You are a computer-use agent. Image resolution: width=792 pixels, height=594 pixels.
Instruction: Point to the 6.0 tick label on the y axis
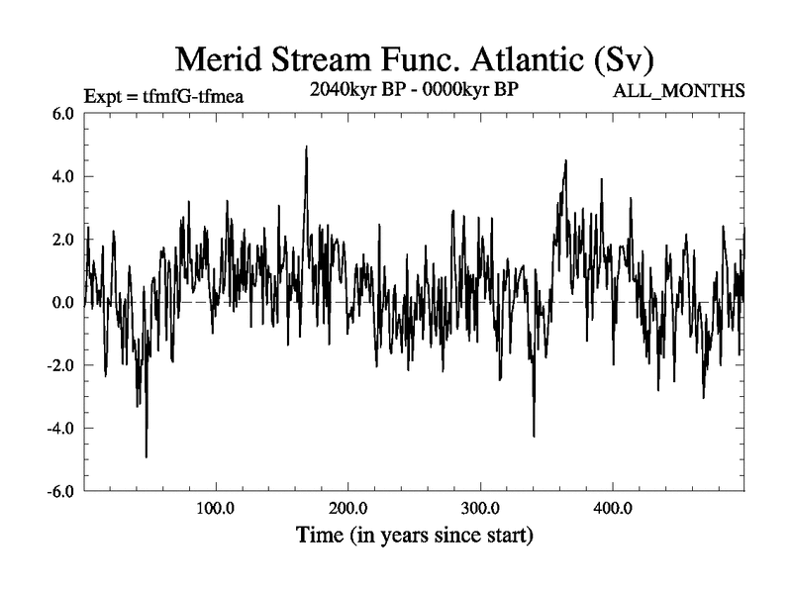point(62,114)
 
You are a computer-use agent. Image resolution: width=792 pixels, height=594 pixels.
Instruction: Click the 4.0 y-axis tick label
point(62,176)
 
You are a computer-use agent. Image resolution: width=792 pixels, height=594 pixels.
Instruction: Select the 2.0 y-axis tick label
point(62,240)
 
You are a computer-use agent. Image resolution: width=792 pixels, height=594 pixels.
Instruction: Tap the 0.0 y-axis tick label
point(62,302)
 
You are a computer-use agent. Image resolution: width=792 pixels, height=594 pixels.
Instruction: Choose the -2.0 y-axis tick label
point(60,365)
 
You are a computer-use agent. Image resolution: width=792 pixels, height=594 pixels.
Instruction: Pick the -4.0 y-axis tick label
point(60,428)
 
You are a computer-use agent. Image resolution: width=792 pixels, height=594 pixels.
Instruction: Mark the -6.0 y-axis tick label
point(60,491)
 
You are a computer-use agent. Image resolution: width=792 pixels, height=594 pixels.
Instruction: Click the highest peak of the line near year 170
point(307,147)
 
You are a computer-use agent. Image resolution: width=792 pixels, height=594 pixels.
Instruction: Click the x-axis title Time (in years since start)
point(415,538)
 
